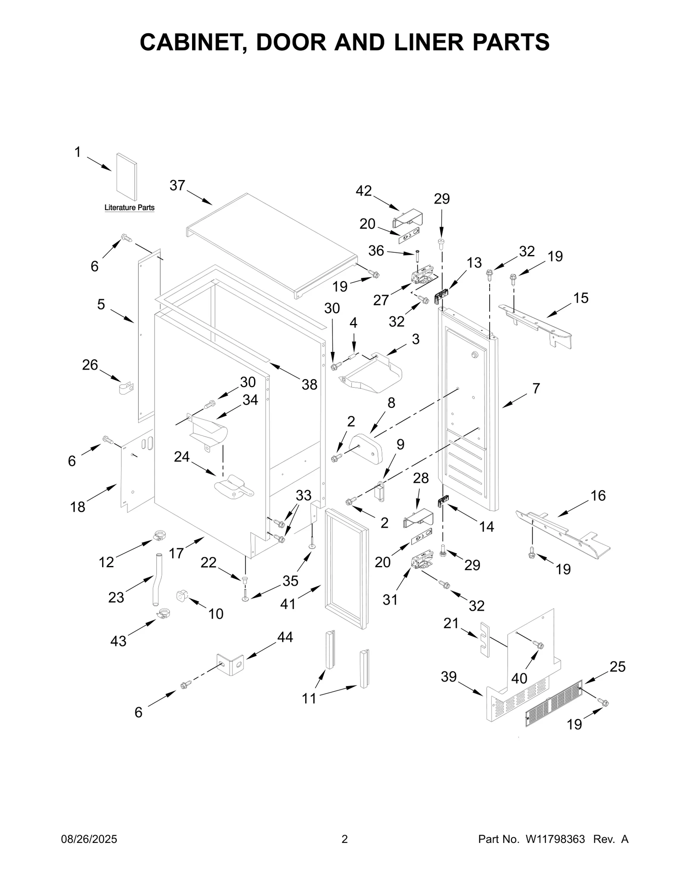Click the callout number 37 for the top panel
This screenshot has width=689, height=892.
pos(177,186)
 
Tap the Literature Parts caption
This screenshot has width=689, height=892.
pos(129,208)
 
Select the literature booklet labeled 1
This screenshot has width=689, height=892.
pos(127,177)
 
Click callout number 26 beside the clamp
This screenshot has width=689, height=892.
pos(90,365)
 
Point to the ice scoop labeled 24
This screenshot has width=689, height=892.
pos(234,488)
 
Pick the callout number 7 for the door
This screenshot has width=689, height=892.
pos(536,388)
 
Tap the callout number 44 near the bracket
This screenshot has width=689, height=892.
pos(285,637)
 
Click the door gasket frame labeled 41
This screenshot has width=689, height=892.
pos(347,569)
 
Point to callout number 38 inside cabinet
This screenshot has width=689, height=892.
pos(309,385)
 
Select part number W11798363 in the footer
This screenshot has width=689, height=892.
pos(555,839)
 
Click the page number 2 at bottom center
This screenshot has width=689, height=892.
pos(344,839)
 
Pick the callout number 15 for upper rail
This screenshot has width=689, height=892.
pos(581,298)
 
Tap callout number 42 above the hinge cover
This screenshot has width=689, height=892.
pos(363,191)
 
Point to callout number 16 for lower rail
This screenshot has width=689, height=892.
pos(598,496)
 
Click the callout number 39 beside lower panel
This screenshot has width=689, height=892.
pos(448,677)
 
